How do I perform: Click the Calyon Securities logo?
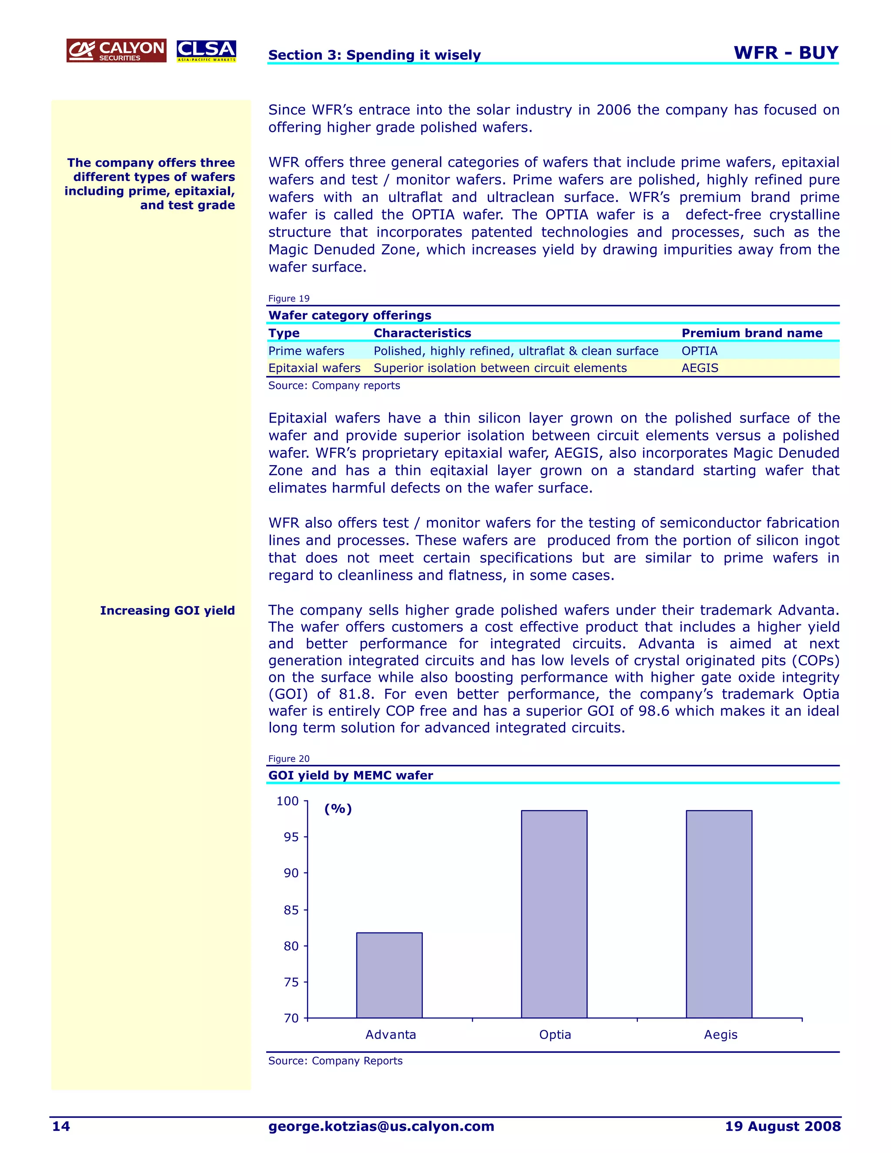[116, 50]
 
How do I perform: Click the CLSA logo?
[206, 50]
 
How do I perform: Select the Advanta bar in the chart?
[389, 975]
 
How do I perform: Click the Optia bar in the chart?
[554, 914]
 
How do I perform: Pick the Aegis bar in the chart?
[719, 914]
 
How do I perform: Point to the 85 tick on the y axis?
[291, 910]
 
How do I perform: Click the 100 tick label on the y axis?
[288, 801]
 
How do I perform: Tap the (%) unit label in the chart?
[338, 809]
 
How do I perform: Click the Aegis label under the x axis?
[720, 1035]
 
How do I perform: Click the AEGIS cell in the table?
[700, 368]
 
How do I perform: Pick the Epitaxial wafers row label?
[314, 368]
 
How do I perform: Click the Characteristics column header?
[422, 333]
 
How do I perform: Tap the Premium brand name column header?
[752, 333]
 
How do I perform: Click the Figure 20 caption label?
[289, 759]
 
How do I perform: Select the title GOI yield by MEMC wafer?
[351, 775]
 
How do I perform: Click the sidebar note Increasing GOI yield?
[167, 611]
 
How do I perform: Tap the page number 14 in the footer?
[61, 1126]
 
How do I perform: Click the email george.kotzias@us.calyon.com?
[381, 1126]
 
